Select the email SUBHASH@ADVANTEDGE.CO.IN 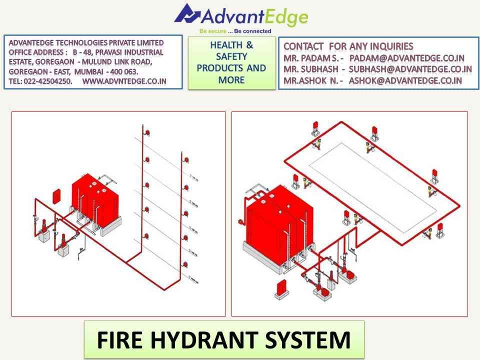(410, 69)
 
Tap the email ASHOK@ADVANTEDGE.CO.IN (405, 80)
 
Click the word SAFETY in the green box (231, 56)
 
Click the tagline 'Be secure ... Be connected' (235, 31)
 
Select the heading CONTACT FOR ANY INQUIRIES (348, 46)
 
